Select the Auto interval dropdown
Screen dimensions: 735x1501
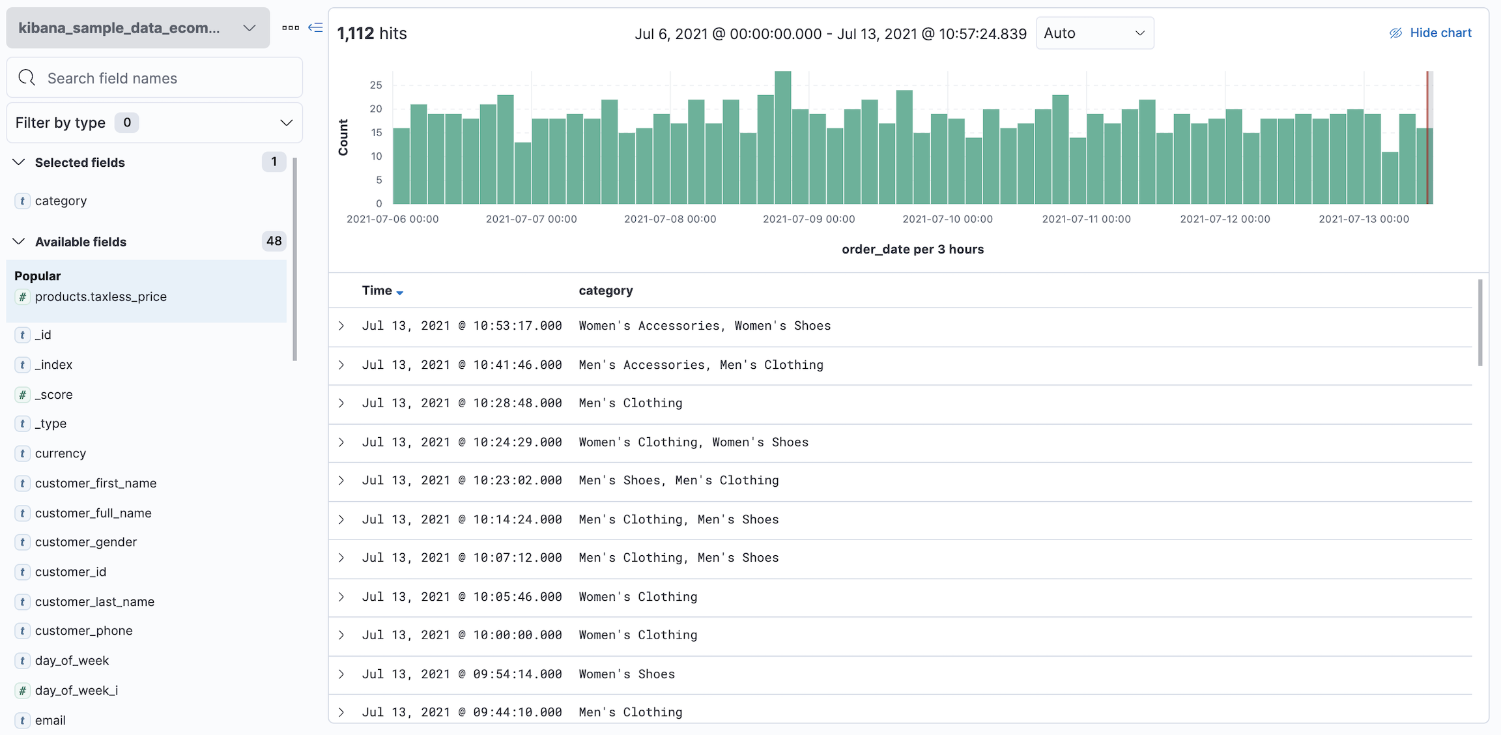pyautogui.click(x=1094, y=33)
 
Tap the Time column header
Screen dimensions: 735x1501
pyautogui.click(x=377, y=291)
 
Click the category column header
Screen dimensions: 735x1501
pyautogui.click(x=605, y=291)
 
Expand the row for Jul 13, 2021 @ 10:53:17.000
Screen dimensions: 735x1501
pyautogui.click(x=341, y=326)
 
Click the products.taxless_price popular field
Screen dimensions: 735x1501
pyautogui.click(x=101, y=297)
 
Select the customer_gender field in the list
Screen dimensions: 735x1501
pyautogui.click(x=86, y=542)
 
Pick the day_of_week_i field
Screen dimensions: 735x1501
pyautogui.click(x=76, y=691)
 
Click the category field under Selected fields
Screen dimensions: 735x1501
pyautogui.click(x=61, y=201)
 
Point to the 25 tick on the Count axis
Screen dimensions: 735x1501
pyautogui.click(x=376, y=85)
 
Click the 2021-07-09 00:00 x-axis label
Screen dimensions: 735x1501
pyautogui.click(x=808, y=220)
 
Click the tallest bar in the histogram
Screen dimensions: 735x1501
pyautogui.click(x=782, y=137)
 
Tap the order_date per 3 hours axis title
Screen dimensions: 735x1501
pyautogui.click(x=912, y=250)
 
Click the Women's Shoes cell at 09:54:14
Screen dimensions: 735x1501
pyautogui.click(x=626, y=674)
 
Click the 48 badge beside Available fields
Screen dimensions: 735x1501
pyautogui.click(x=274, y=242)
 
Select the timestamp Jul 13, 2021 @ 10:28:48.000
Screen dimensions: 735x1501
pyautogui.click(x=461, y=403)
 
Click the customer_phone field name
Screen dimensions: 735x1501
pyautogui.click(x=83, y=631)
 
